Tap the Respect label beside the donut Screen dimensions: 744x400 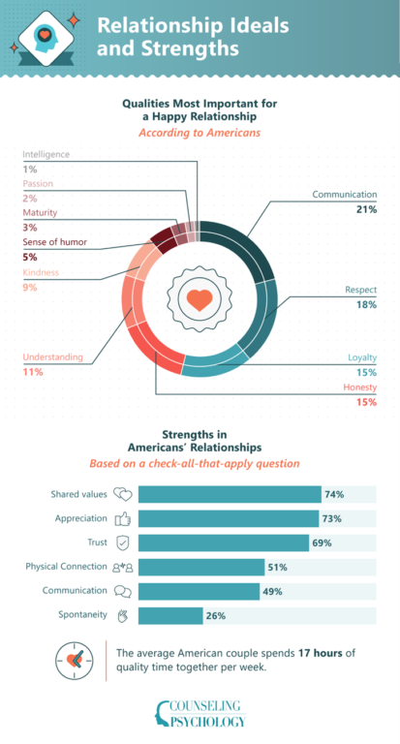click(361, 289)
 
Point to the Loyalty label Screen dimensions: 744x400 click(362, 357)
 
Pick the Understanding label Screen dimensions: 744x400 click(52, 357)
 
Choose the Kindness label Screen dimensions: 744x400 click(40, 272)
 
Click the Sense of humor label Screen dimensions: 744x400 click(58, 242)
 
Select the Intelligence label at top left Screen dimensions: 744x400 click(46, 154)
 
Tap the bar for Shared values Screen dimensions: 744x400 click(229, 494)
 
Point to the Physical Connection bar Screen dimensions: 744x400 click(200, 567)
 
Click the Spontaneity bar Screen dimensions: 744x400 click(170, 615)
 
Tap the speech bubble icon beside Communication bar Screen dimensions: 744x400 click(122, 591)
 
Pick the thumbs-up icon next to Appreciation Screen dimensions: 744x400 click(122, 518)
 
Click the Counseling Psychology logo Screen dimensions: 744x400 click(200, 713)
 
